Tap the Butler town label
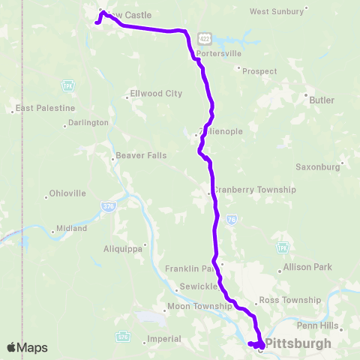[x=320, y=98]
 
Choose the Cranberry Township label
[x=254, y=190]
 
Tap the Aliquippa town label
[x=123, y=249]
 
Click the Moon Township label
[x=199, y=306]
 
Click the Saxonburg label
[x=318, y=166]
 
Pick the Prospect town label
[x=259, y=71]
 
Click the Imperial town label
[x=165, y=338]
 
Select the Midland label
[x=71, y=228]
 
